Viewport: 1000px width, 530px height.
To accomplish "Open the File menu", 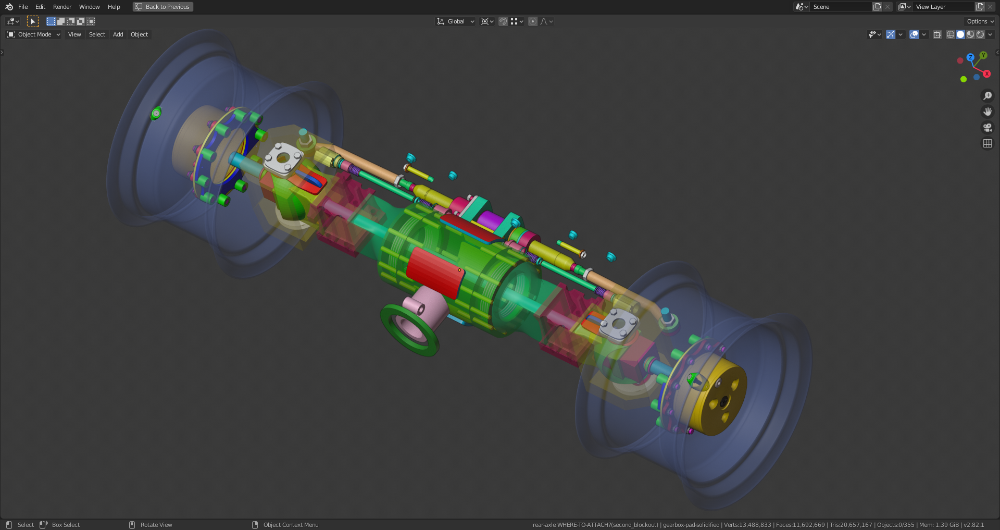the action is click(x=23, y=7).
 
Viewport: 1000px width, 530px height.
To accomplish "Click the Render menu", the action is click(x=62, y=7).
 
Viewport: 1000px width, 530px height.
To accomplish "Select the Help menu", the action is click(x=114, y=7).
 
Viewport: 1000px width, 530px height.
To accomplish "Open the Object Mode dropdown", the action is click(x=34, y=34).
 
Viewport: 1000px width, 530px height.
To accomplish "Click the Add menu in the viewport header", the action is click(x=118, y=34).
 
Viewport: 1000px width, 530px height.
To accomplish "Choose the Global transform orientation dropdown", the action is click(x=456, y=21).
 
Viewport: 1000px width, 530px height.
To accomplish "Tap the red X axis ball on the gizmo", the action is click(x=986, y=74).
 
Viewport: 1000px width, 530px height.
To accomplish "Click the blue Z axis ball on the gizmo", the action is click(x=970, y=57).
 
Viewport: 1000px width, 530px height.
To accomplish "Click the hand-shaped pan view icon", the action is click(x=987, y=112).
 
